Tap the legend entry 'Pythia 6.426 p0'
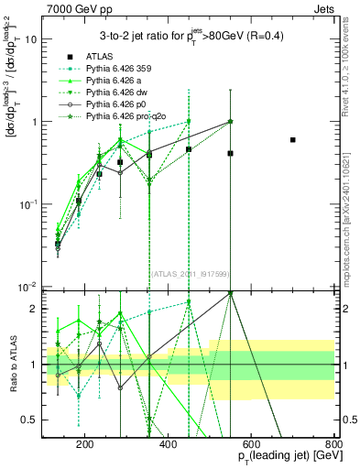(108, 106)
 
